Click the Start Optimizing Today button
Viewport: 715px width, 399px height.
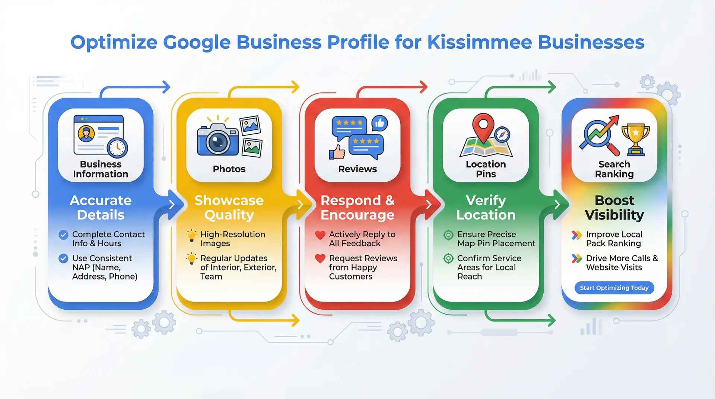pos(614,288)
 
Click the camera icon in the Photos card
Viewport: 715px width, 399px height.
pos(217,140)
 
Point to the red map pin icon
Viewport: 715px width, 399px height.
pos(483,127)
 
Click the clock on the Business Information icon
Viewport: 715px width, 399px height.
pos(117,148)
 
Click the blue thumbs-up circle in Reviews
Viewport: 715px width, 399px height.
pos(379,123)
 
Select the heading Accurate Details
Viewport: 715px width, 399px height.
pos(101,207)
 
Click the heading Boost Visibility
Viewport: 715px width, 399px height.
pos(614,207)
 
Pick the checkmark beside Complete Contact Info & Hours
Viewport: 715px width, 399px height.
pos(63,234)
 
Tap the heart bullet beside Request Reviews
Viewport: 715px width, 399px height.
pos(320,258)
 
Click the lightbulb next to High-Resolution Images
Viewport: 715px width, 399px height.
pos(191,235)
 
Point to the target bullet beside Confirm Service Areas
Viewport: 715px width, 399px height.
pos(448,258)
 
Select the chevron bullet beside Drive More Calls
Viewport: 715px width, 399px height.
pos(576,258)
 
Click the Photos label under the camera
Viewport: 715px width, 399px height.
pos(229,169)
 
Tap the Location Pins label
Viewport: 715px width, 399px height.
pos(486,169)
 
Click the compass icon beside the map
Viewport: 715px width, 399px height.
pos(502,134)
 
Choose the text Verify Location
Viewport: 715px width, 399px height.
pos(486,207)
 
